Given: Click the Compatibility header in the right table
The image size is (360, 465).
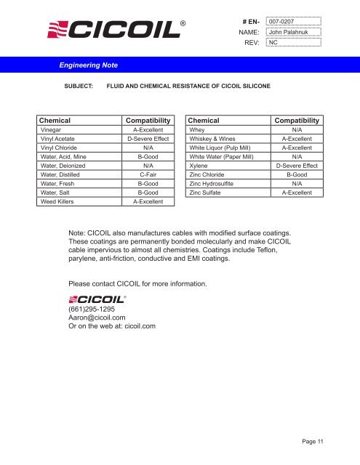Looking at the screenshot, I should click(296, 119).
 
